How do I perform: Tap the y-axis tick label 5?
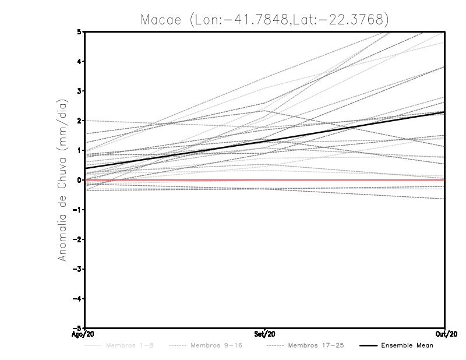pyautogui.click(x=79, y=32)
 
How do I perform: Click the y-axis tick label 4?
pyautogui.click(x=79, y=62)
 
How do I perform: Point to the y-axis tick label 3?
pyautogui.click(x=79, y=91)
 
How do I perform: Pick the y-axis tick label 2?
pyautogui.click(x=79, y=121)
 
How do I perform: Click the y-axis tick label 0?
pyautogui.click(x=79, y=180)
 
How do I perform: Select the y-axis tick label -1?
pyautogui.click(x=77, y=210)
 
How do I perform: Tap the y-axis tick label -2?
pyautogui.click(x=77, y=239)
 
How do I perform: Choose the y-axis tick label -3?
pyautogui.click(x=77, y=269)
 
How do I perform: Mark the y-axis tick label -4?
pyautogui.click(x=77, y=299)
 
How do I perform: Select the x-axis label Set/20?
pyautogui.click(x=265, y=334)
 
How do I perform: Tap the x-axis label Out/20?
pyautogui.click(x=444, y=334)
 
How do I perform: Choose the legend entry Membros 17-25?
pyautogui.click(x=315, y=346)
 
